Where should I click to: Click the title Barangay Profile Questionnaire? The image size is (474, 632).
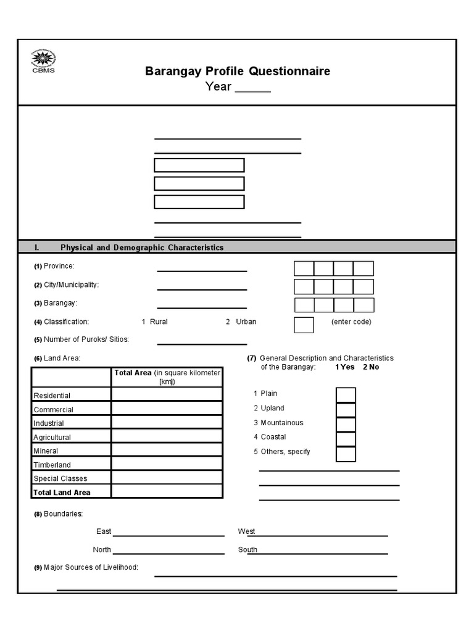(x=238, y=71)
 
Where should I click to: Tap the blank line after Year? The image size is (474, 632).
(x=252, y=89)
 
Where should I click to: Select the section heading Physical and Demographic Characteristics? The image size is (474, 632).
(x=142, y=247)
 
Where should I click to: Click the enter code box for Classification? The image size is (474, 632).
(x=304, y=325)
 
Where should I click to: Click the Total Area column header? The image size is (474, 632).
(x=167, y=377)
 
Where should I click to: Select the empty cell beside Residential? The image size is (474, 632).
(x=167, y=394)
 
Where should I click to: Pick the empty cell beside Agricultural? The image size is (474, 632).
(x=167, y=436)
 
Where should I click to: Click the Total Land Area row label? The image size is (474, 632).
(x=62, y=493)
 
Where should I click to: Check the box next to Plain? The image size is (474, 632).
(x=346, y=395)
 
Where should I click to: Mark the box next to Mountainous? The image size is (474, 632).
(x=346, y=425)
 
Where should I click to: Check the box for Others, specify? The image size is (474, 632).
(x=346, y=454)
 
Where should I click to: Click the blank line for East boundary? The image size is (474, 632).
(x=168, y=534)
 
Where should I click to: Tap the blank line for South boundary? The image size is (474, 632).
(x=317, y=552)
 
